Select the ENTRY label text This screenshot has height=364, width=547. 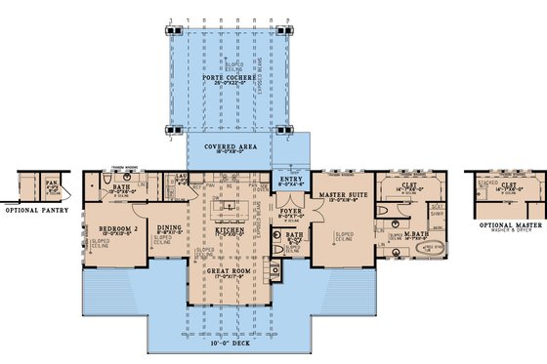[x=291, y=180]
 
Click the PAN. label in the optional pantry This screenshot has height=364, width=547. [x=49, y=182]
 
